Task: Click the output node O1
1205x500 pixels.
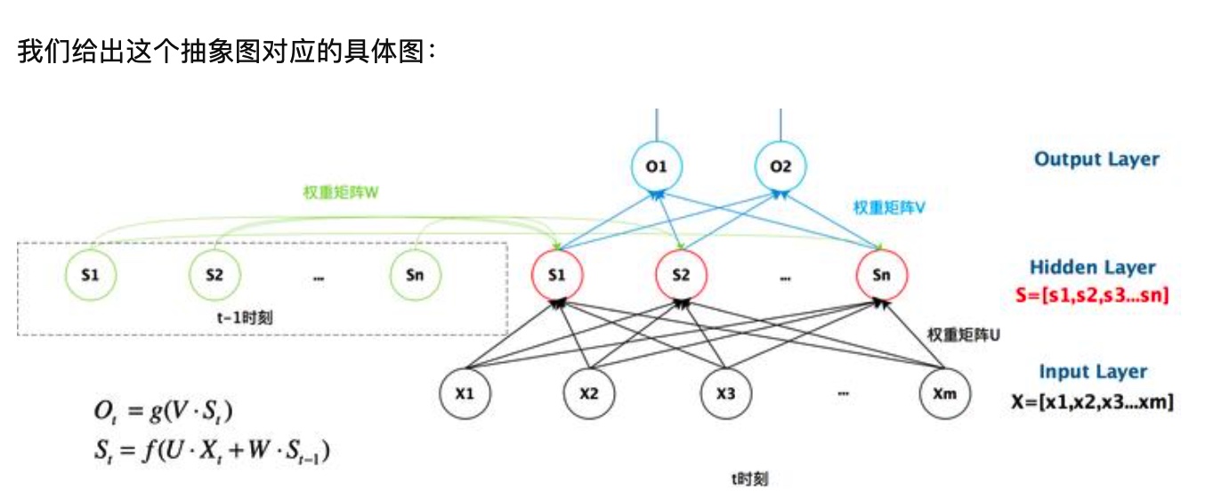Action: coord(657,166)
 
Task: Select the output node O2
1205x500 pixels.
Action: coord(780,166)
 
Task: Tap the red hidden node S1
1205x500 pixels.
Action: coord(557,275)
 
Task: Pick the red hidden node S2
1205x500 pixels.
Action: coord(681,275)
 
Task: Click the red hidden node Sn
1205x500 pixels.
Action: coord(882,275)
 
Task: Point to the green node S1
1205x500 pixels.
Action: coord(90,275)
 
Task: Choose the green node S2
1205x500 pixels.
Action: coord(214,275)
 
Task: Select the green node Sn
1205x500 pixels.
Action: coord(415,275)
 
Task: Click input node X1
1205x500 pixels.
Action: coord(464,392)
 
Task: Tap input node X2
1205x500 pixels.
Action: coord(588,392)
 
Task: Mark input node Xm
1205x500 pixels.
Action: coord(943,392)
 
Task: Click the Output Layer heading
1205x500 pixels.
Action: coord(1096,160)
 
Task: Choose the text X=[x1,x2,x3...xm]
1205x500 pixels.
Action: coord(1092,402)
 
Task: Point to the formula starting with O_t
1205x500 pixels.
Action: coord(166,411)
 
